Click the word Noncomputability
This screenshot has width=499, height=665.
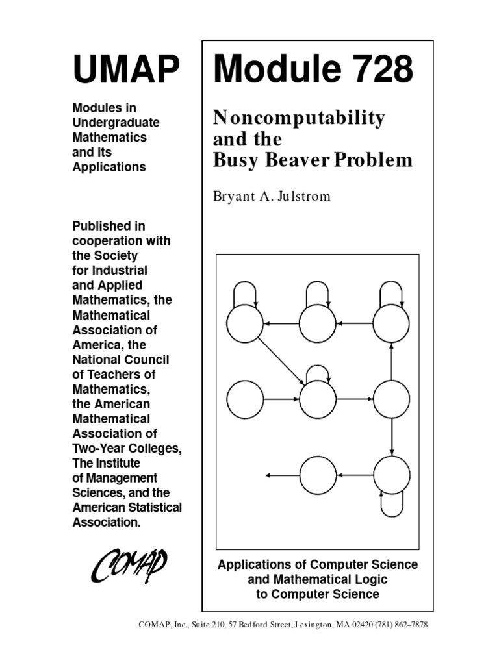click(299, 118)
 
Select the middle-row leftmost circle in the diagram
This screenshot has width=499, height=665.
click(244, 399)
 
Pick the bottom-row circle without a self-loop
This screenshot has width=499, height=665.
click(318, 475)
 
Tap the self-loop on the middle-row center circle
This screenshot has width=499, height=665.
click(318, 371)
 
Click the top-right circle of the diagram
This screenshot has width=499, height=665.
click(391, 323)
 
